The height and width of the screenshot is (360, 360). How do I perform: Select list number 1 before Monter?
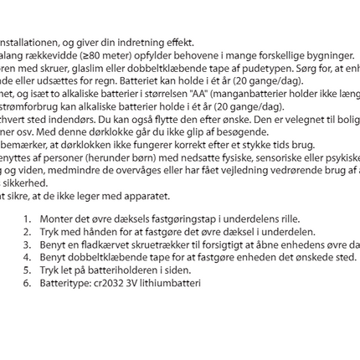click(x=27, y=219)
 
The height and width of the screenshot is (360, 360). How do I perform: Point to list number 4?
click(x=27, y=258)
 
